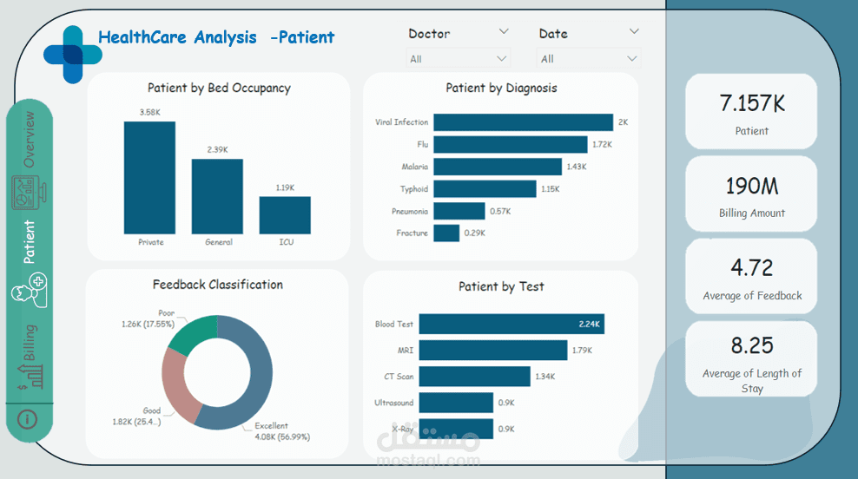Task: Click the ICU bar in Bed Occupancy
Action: (x=285, y=215)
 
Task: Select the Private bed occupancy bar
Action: (x=149, y=177)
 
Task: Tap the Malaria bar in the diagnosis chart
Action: (x=498, y=167)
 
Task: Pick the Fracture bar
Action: (x=446, y=233)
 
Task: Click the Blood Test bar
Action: (x=511, y=325)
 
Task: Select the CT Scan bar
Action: (x=474, y=377)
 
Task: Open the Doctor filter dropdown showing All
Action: (x=459, y=59)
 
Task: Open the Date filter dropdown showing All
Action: (x=589, y=59)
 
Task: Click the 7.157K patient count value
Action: (x=752, y=104)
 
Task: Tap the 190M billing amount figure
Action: (x=752, y=186)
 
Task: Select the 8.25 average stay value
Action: (x=752, y=346)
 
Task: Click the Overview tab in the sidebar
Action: (x=30, y=139)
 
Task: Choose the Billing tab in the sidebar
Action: (x=30, y=343)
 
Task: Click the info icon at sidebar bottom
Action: (x=29, y=419)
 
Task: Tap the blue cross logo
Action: (x=72, y=54)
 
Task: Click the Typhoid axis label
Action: (x=413, y=189)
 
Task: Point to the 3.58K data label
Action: (x=149, y=112)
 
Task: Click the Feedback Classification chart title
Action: (x=217, y=285)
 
